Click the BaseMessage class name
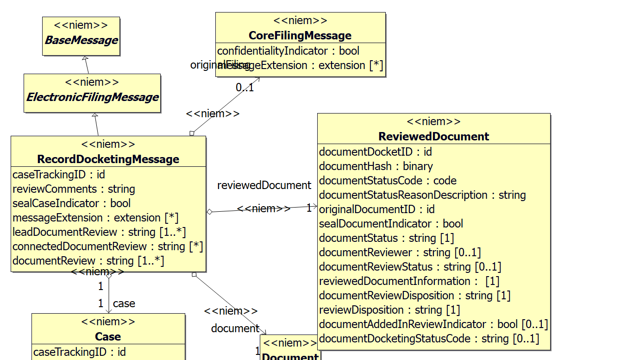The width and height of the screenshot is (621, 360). tap(81, 40)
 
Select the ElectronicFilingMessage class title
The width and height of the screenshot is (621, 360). tap(92, 97)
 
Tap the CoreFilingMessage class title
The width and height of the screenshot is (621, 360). tap(300, 36)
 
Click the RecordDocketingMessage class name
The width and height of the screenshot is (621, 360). tap(108, 159)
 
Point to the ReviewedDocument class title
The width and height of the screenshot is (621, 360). tap(433, 137)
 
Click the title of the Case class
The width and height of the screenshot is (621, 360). tap(108, 336)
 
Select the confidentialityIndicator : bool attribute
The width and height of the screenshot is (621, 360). tap(288, 51)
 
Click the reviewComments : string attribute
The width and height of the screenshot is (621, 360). tap(74, 189)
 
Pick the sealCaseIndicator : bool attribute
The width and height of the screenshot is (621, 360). tap(71, 203)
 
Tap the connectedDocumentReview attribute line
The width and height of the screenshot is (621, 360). tap(107, 246)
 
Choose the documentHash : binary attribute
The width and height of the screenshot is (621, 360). tap(376, 166)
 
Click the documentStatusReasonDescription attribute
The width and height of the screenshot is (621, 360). tap(422, 195)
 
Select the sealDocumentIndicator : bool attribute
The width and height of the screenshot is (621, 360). tap(391, 224)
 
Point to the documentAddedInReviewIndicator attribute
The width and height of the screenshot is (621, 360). tap(433, 324)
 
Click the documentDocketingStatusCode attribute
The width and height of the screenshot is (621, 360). tap(429, 339)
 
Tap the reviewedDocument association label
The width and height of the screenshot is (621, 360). tap(264, 186)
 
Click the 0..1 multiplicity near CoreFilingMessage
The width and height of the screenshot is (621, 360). tap(245, 88)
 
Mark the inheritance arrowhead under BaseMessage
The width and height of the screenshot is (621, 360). tap(85, 59)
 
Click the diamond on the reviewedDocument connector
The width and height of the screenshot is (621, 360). tap(210, 212)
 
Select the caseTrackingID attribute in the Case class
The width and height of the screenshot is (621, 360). tap(79, 352)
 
